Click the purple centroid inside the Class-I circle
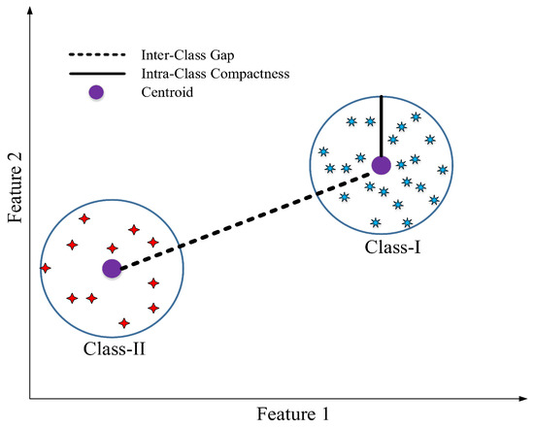click(381, 166)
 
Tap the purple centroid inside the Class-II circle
click(112, 268)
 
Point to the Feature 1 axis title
click(293, 414)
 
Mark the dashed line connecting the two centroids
click(243, 218)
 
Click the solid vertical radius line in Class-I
click(381, 126)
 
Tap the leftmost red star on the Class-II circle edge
click(45, 267)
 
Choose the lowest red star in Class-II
click(123, 323)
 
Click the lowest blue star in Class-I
click(374, 222)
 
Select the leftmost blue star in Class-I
click(323, 151)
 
